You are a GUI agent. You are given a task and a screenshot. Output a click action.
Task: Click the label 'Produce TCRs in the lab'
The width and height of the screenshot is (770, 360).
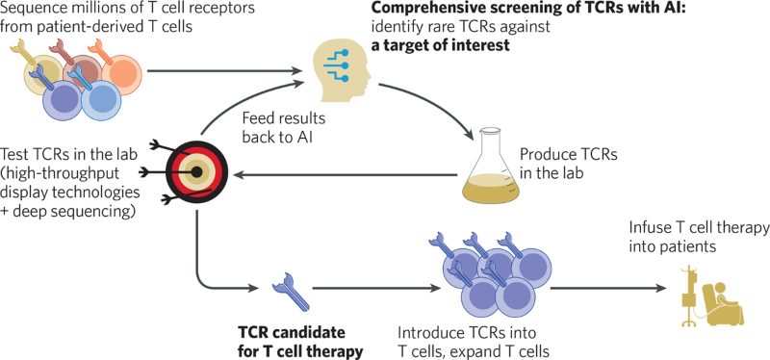(x=561, y=163)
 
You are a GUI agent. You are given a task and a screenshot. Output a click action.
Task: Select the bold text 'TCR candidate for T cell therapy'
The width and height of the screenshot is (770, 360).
(x=300, y=342)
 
